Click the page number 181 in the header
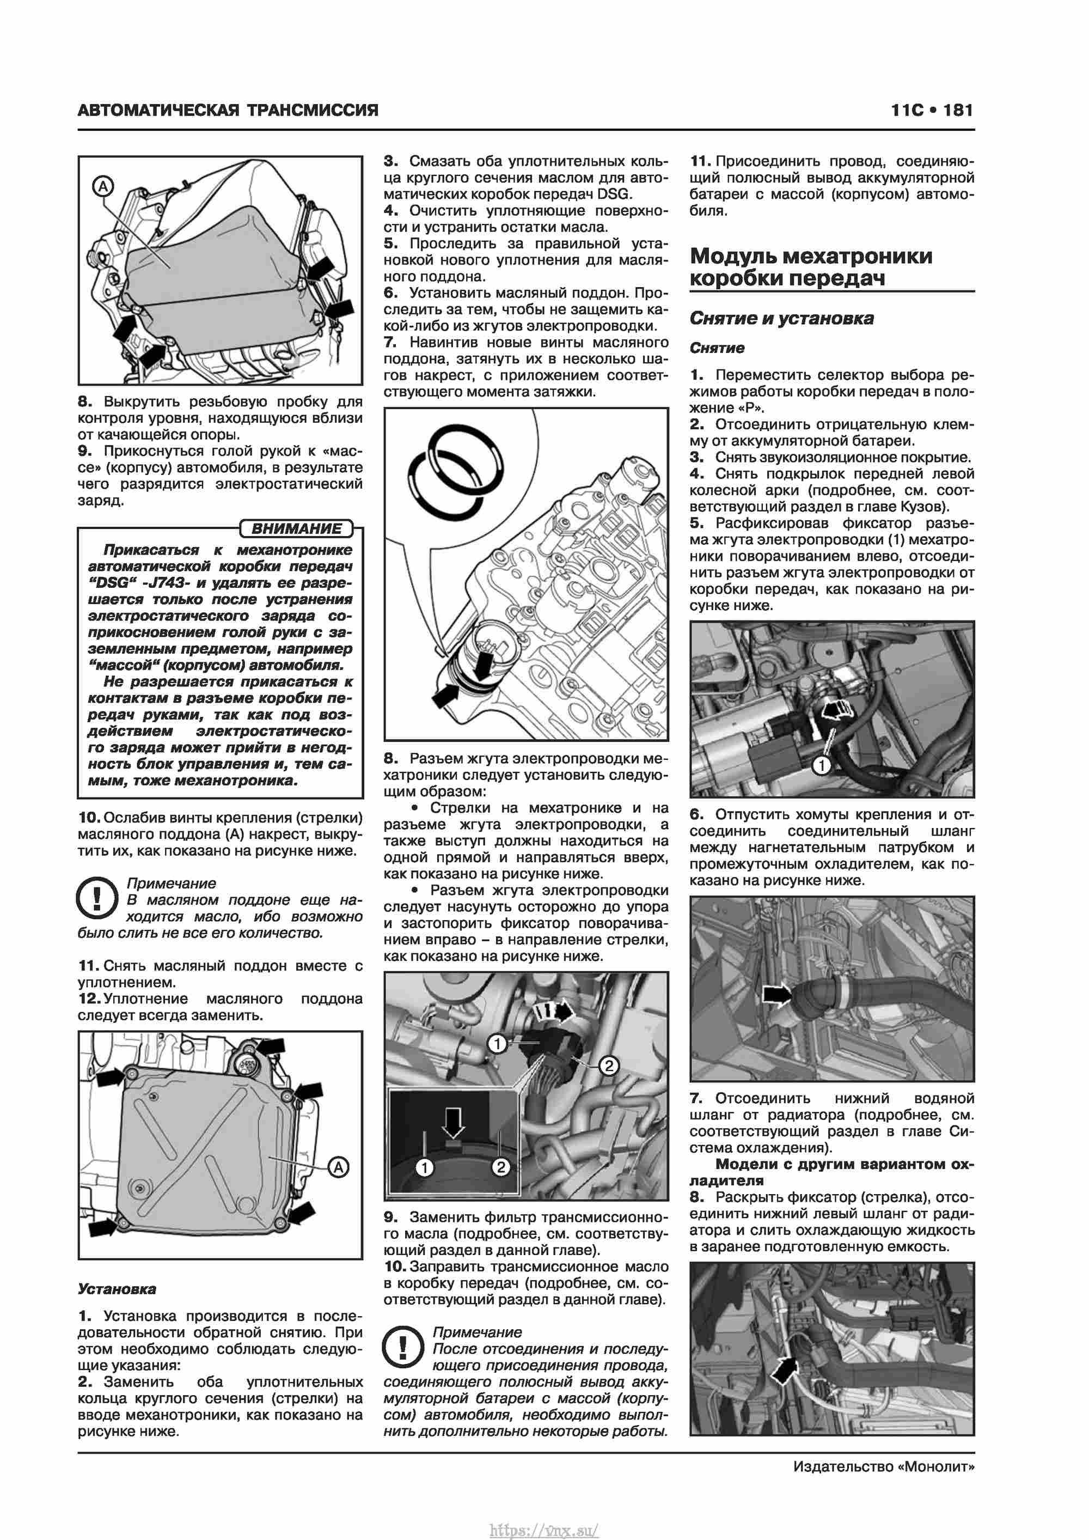958,110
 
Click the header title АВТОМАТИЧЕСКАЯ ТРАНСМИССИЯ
228,110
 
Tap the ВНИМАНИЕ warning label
296,528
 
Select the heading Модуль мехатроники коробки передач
811,266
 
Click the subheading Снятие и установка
781,318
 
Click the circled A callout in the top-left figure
102,186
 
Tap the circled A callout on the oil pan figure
339,1167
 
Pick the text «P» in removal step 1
753,408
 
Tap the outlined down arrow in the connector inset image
454,1122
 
